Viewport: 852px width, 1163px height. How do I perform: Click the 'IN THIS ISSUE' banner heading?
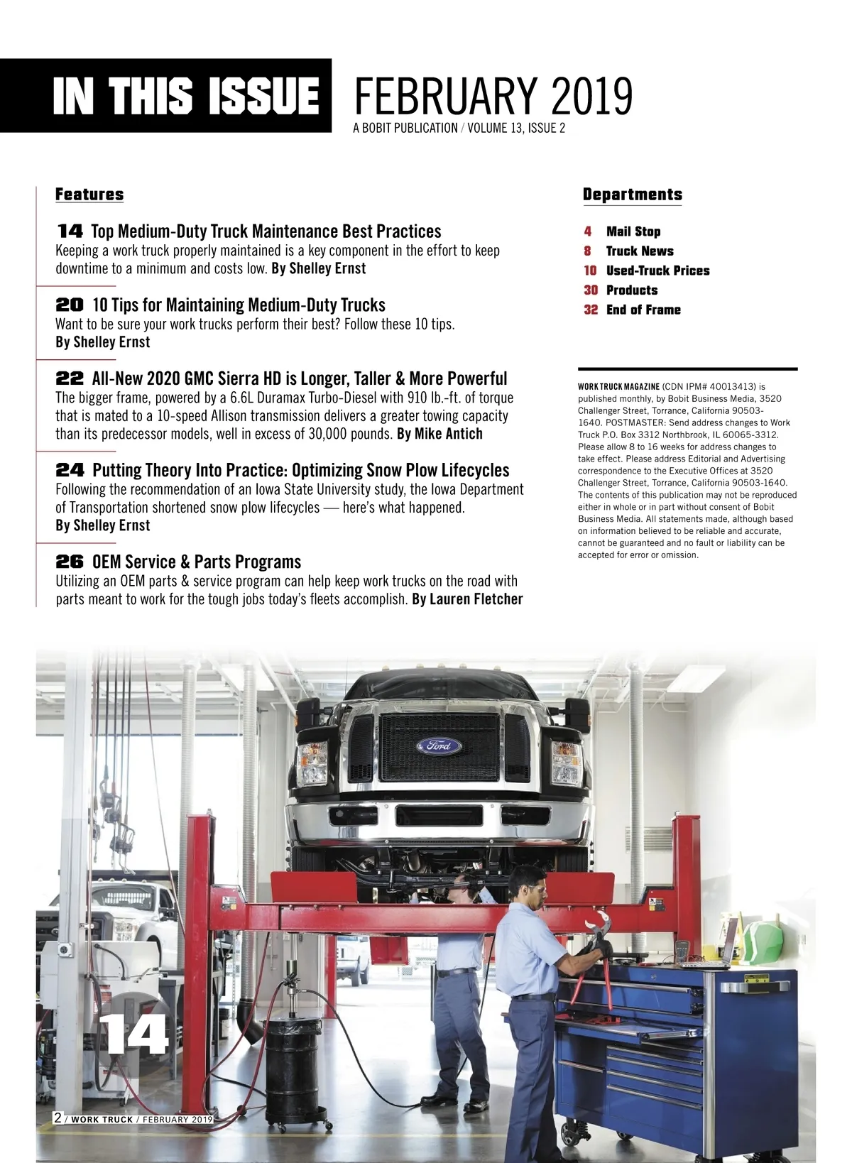pyautogui.click(x=186, y=96)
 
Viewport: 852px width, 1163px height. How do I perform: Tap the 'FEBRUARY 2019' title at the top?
pyautogui.click(x=493, y=97)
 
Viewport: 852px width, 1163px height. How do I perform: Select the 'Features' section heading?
pyautogui.click(x=89, y=195)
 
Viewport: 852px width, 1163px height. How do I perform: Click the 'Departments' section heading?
pyautogui.click(x=632, y=195)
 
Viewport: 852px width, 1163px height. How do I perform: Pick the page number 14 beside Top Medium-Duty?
pyautogui.click(x=70, y=231)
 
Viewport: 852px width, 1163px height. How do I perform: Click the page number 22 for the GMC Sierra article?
pyautogui.click(x=70, y=378)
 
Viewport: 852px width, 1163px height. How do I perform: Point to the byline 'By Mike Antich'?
pyautogui.click(x=439, y=434)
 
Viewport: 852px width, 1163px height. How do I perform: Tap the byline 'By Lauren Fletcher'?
pyautogui.click(x=467, y=599)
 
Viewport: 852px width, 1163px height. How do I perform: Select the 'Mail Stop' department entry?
pyautogui.click(x=633, y=231)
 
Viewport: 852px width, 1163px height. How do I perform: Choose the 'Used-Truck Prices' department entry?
pyautogui.click(x=657, y=271)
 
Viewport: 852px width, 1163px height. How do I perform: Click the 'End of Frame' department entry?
pyautogui.click(x=643, y=310)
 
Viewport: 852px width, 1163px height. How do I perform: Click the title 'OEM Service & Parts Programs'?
pyautogui.click(x=197, y=562)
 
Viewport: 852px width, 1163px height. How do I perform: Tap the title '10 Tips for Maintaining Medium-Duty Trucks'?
pyautogui.click(x=239, y=305)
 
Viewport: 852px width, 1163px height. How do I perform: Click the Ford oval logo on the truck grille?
pyautogui.click(x=439, y=746)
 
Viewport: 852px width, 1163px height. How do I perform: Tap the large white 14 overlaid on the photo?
pyautogui.click(x=134, y=1036)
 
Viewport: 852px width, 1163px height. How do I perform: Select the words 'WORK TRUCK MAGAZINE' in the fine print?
pyautogui.click(x=618, y=387)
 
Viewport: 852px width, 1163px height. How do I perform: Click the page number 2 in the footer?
pyautogui.click(x=58, y=1118)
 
